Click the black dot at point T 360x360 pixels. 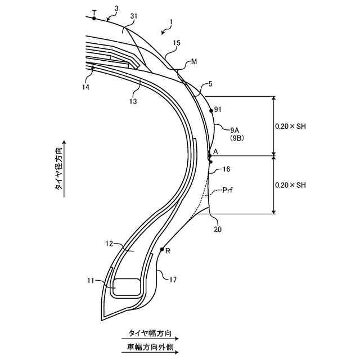[x=94, y=18]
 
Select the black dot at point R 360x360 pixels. [x=161, y=249]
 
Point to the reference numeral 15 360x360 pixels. [x=177, y=43]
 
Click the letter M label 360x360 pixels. [x=194, y=61]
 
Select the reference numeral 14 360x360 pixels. [x=85, y=87]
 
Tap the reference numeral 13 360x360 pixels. [x=133, y=101]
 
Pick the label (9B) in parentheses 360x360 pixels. [x=236, y=137]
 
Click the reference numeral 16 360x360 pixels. [x=226, y=169]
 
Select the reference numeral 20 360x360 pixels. [x=217, y=229]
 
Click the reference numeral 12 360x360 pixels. [x=110, y=244]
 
